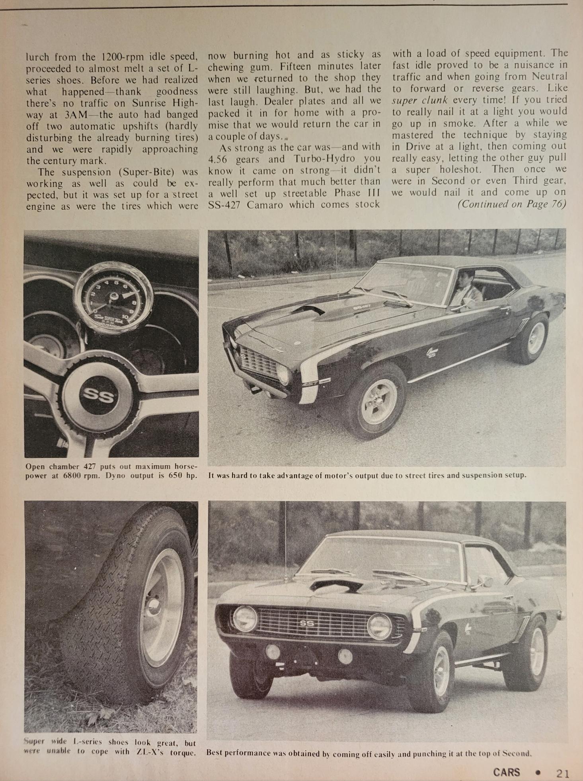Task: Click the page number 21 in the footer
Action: (x=562, y=773)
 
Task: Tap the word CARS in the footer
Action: (x=506, y=772)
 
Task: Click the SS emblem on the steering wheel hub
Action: (x=98, y=396)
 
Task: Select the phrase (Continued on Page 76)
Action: (x=512, y=204)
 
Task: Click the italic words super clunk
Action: (x=420, y=100)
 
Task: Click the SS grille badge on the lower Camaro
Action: (x=307, y=623)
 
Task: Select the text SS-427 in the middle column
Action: (x=227, y=205)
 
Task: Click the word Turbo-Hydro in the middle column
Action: (x=324, y=159)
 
